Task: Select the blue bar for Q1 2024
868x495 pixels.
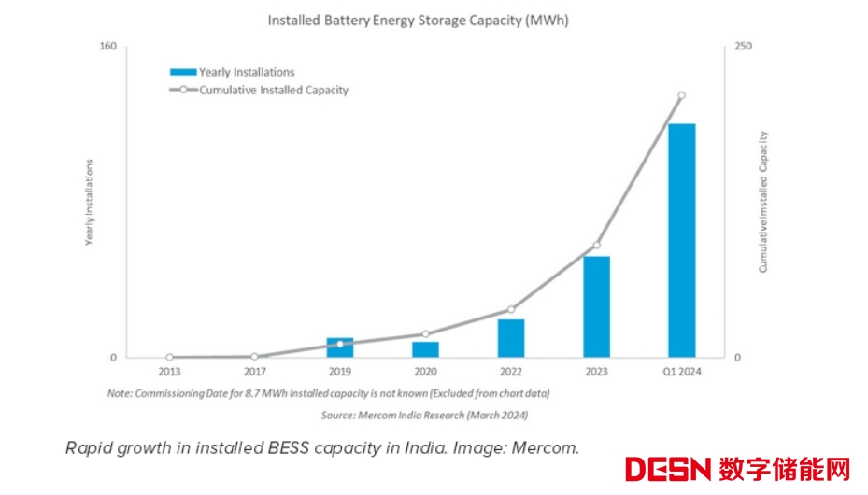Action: click(x=681, y=240)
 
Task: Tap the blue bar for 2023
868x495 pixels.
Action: click(x=596, y=306)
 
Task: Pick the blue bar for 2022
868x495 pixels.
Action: click(x=511, y=338)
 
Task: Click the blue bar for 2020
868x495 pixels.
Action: click(x=425, y=349)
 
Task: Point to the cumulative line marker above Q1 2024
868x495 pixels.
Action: click(x=681, y=95)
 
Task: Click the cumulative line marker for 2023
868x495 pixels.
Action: click(x=596, y=246)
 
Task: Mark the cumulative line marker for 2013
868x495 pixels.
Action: click(x=169, y=357)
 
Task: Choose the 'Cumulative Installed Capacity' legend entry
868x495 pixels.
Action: click(x=274, y=91)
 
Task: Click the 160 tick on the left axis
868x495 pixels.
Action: click(x=107, y=47)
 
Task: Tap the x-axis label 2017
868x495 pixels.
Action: click(x=254, y=372)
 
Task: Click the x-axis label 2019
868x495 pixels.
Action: click(x=340, y=372)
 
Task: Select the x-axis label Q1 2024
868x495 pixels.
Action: click(x=681, y=372)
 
